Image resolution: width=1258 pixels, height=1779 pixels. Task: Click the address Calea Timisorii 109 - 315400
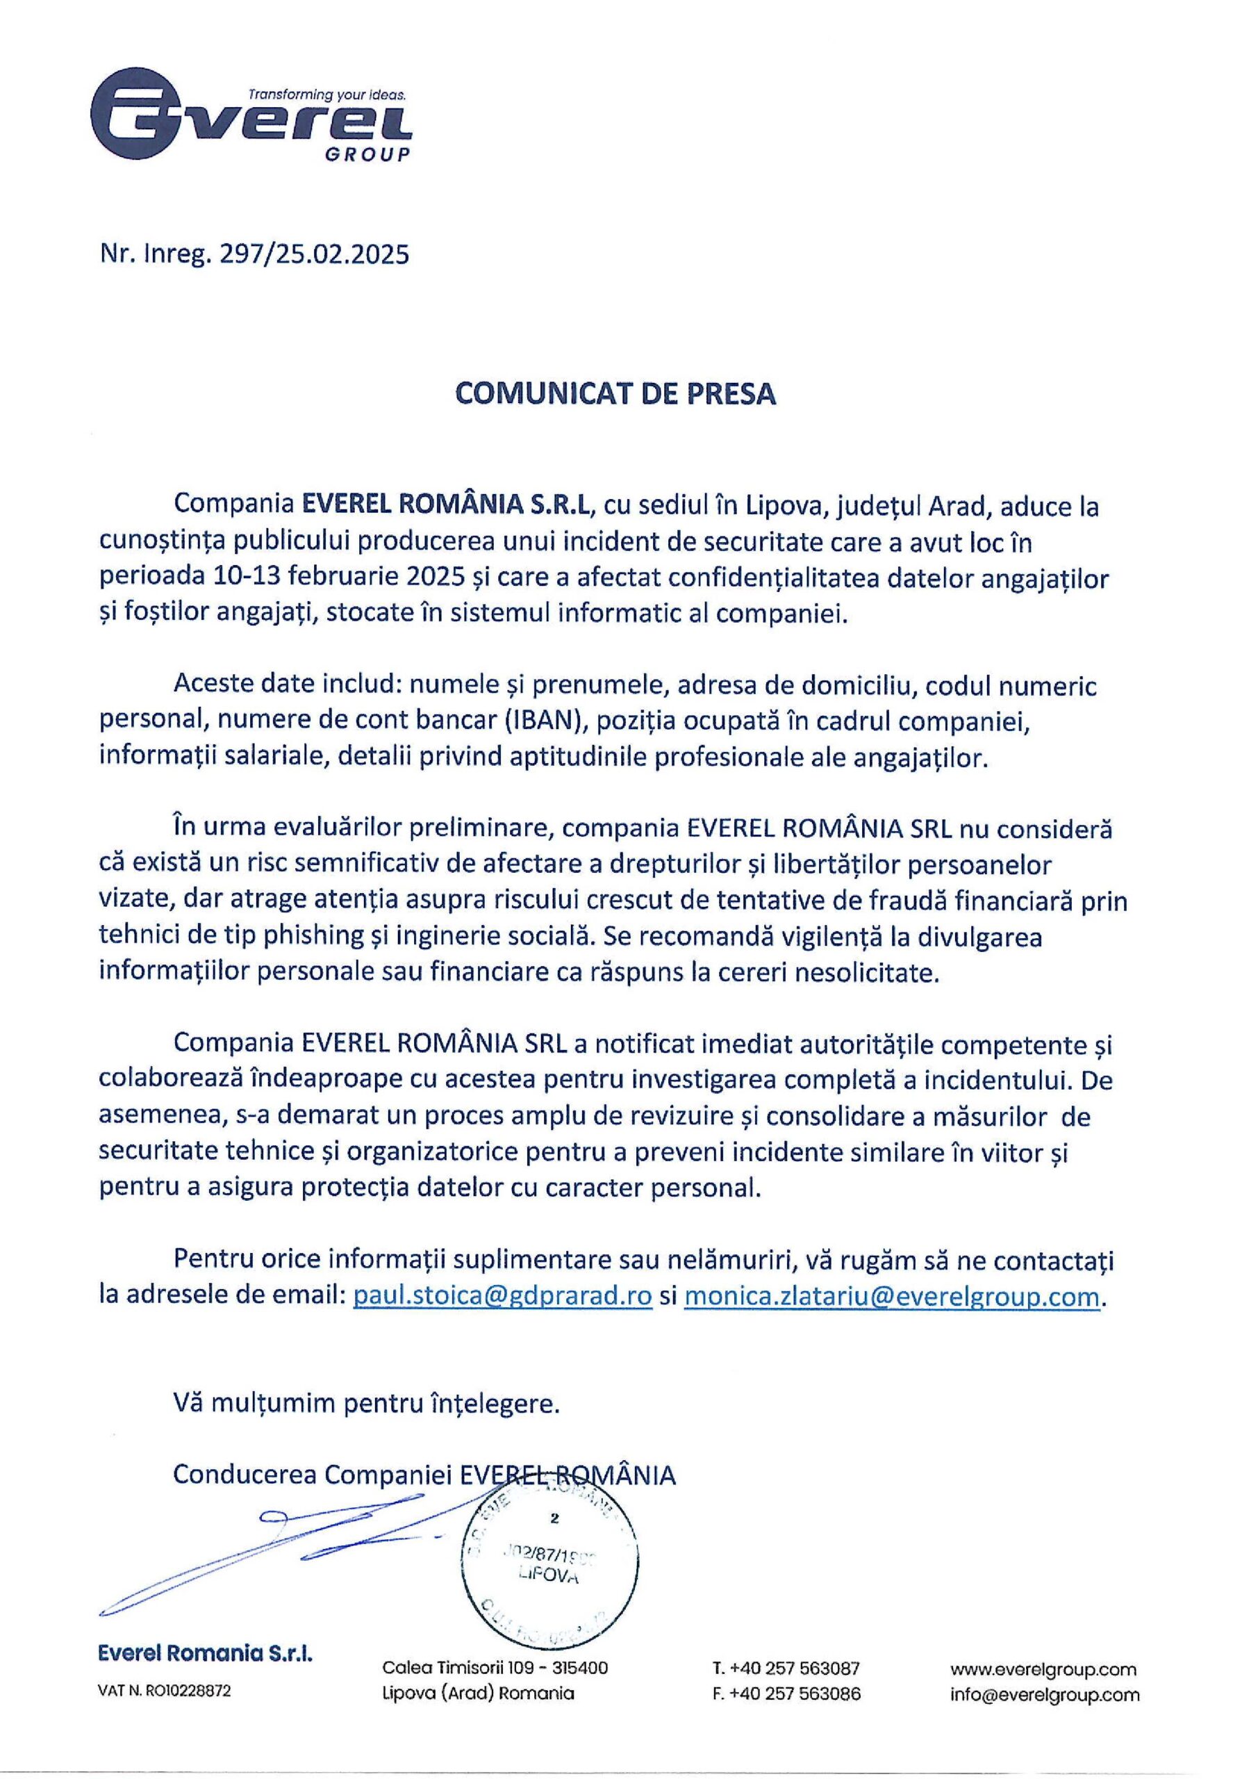(x=495, y=1667)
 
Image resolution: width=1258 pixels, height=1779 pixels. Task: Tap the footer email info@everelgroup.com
(x=1045, y=1694)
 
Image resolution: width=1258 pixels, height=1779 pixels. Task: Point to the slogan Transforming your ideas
(x=327, y=95)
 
